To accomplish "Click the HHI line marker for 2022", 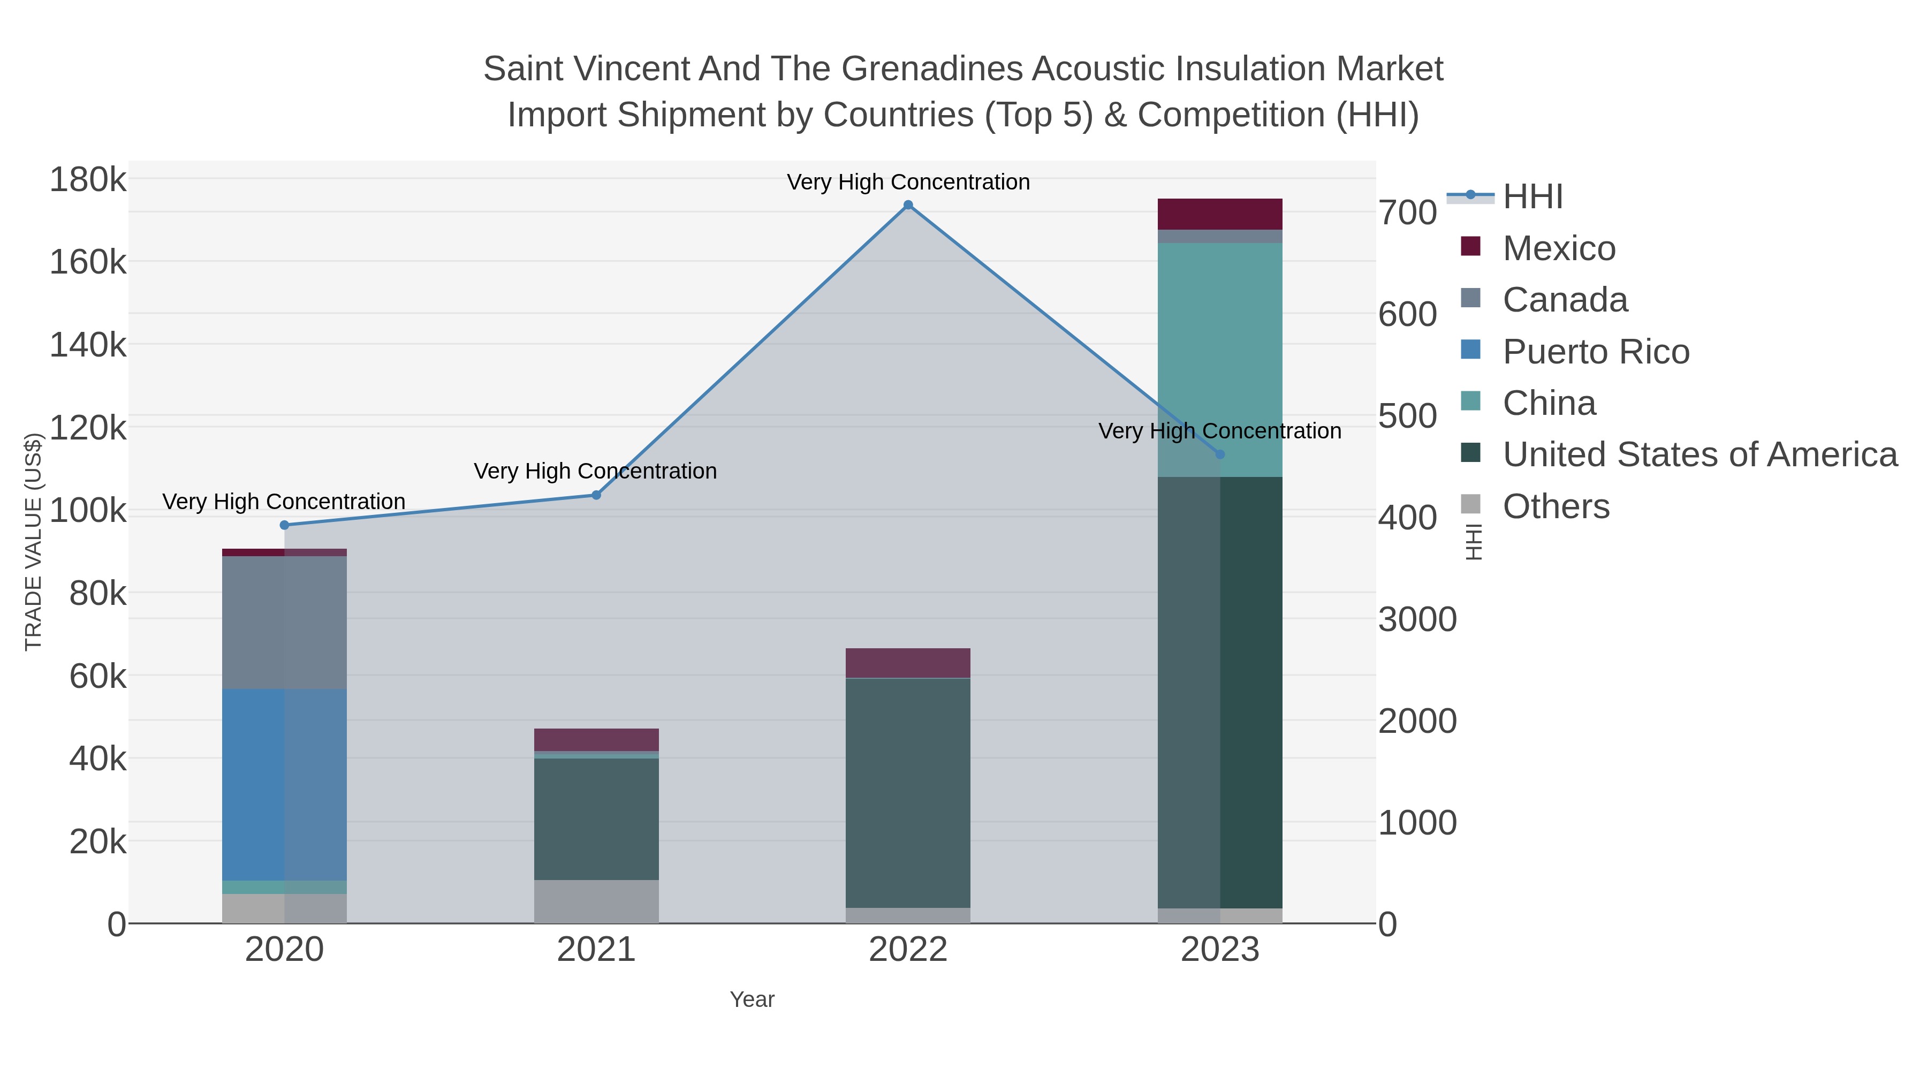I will pyautogui.click(x=908, y=205).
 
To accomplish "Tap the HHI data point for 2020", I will pyautogui.click(x=284, y=525).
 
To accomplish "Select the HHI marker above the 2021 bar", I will pyautogui.click(x=596, y=495).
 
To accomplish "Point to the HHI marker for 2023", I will pyautogui.click(x=1220, y=454).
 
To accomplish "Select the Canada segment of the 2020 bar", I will pyautogui.click(x=284, y=623).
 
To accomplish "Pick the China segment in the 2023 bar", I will pyautogui.click(x=1220, y=359).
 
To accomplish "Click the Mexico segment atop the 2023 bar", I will pyautogui.click(x=1220, y=214).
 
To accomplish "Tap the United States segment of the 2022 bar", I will pyautogui.click(x=908, y=793).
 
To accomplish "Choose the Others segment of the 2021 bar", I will pyautogui.click(x=596, y=901).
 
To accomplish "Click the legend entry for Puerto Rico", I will pyautogui.click(x=1595, y=352).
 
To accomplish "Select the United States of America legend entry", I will pyautogui.click(x=1698, y=455).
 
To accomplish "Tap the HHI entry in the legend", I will pyautogui.click(x=1532, y=197).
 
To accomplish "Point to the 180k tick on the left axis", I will pyautogui.click(x=88, y=180).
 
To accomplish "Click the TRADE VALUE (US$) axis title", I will pyautogui.click(x=34, y=542).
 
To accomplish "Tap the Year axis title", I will pyautogui.click(x=752, y=999).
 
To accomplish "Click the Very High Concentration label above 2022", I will pyautogui.click(x=908, y=183).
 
